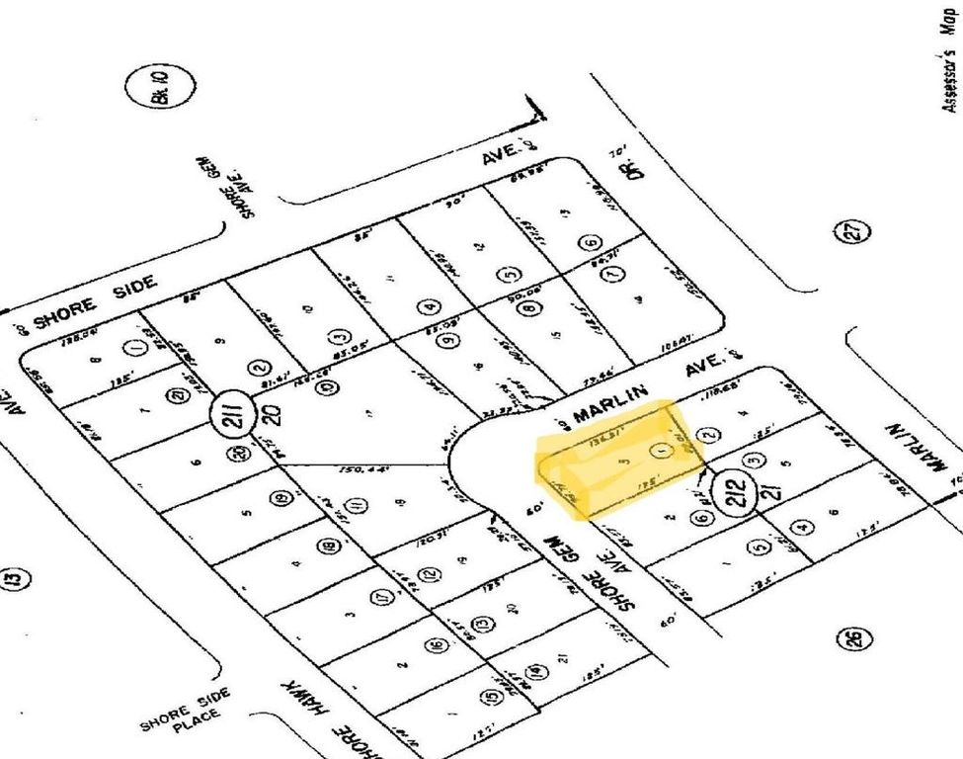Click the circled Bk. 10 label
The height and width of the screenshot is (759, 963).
[154, 88]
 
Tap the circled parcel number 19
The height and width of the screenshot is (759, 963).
[283, 499]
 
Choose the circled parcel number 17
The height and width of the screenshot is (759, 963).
[382, 598]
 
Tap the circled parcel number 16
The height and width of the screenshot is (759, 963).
[437, 646]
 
